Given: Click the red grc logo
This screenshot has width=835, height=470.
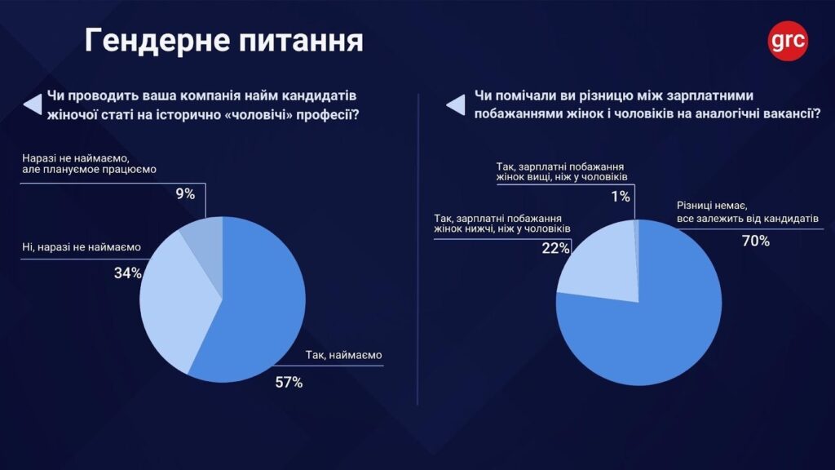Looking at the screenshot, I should (x=788, y=39).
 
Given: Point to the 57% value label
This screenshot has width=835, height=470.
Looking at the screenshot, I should (x=288, y=382).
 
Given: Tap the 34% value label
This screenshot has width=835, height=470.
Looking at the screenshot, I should (x=128, y=273).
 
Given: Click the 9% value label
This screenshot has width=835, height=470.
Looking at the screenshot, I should (x=185, y=194).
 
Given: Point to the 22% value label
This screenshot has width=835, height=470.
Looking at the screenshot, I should (x=555, y=248).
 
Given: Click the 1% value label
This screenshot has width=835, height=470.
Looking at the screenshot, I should (x=621, y=196).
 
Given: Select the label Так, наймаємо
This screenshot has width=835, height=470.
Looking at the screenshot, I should (x=343, y=355).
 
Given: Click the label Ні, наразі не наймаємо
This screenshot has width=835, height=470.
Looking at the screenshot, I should (x=82, y=246).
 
